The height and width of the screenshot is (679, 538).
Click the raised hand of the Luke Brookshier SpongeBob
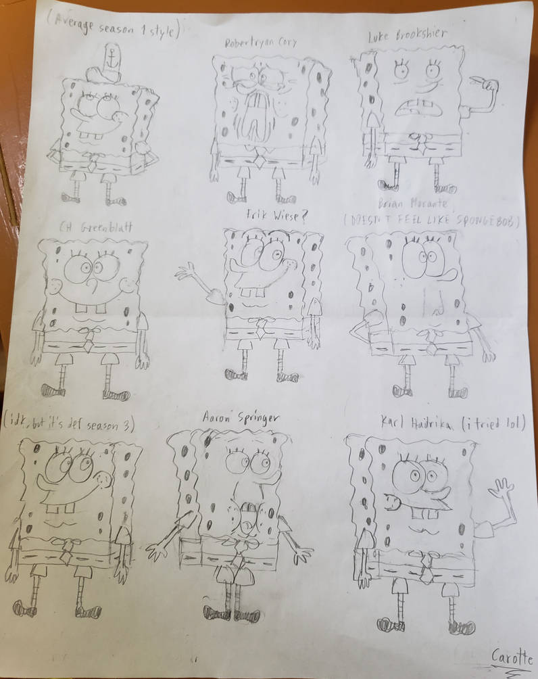487,85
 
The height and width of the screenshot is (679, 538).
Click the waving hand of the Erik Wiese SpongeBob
187,273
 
